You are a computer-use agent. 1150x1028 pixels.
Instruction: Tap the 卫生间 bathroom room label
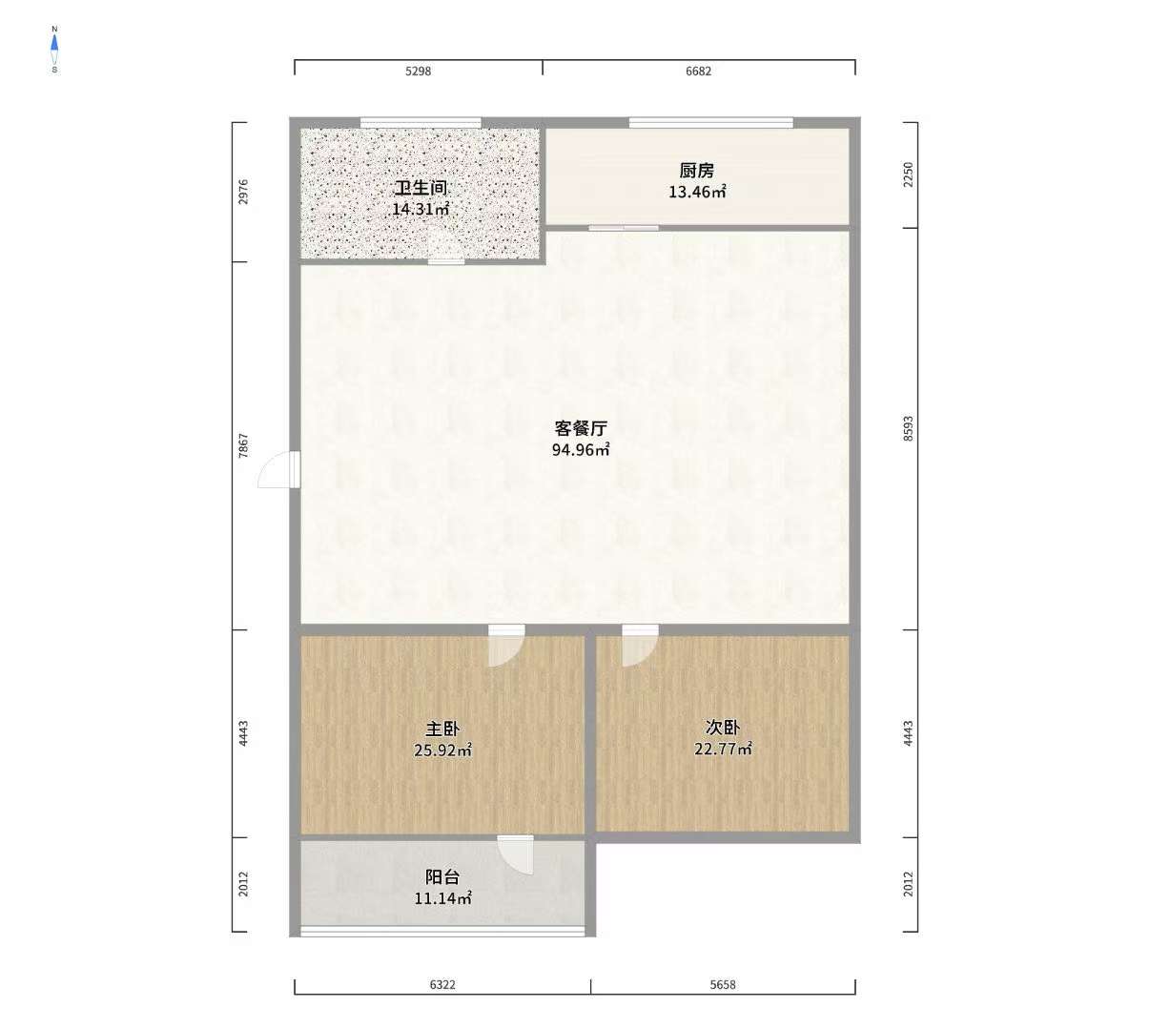[421, 188]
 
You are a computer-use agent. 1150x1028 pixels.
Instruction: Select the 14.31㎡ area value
[421, 209]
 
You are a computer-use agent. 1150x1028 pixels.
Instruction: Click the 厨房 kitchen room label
[697, 171]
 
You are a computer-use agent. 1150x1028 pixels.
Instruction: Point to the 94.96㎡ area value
[581, 449]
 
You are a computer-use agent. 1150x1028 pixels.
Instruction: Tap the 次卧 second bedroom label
[723, 728]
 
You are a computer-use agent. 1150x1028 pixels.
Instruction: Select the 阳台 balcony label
[442, 877]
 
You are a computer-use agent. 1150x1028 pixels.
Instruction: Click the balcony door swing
[516, 855]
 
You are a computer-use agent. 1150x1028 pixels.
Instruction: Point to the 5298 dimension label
[419, 71]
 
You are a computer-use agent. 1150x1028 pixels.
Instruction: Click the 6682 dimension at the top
[698, 71]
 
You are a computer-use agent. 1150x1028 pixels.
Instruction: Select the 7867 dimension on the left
[244, 445]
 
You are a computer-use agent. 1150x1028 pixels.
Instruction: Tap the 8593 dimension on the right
[909, 428]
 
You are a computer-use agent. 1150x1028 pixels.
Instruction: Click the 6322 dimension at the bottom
[442, 985]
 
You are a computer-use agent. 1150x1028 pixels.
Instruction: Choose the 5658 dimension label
[723, 985]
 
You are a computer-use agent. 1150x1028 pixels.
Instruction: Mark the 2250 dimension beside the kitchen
[909, 175]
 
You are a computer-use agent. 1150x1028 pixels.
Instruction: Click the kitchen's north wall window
[710, 122]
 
